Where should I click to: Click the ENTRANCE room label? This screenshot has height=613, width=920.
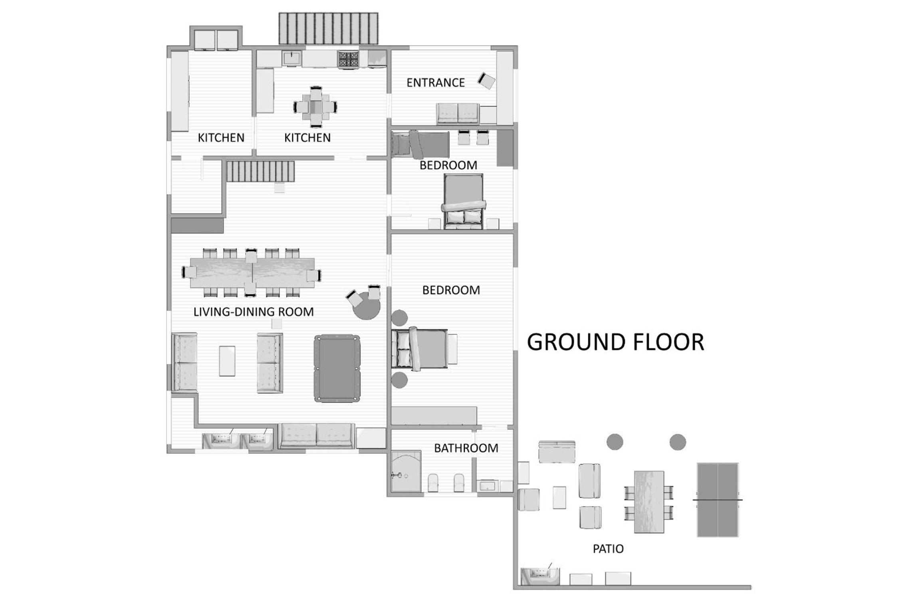pyautogui.click(x=435, y=83)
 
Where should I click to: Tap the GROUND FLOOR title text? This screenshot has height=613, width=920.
pyautogui.click(x=615, y=342)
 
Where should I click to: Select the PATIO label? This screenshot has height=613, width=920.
pyautogui.click(x=608, y=549)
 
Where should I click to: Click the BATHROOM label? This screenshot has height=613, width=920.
pyautogui.click(x=466, y=448)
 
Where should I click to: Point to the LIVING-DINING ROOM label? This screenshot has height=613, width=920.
pyautogui.click(x=254, y=312)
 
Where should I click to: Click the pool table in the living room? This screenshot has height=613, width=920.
pyautogui.click(x=337, y=368)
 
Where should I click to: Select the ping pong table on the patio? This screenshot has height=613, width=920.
pyautogui.click(x=718, y=500)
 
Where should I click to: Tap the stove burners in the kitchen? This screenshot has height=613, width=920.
pyautogui.click(x=349, y=59)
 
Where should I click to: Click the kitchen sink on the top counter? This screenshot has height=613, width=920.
pyautogui.click(x=292, y=58)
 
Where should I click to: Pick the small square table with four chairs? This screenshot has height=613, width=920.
pyautogui.click(x=315, y=107)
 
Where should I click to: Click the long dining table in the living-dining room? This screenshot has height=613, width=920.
pyautogui.click(x=252, y=273)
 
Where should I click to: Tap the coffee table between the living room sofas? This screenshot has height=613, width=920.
pyautogui.click(x=227, y=361)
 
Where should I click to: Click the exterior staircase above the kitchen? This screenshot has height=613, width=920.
pyautogui.click(x=328, y=28)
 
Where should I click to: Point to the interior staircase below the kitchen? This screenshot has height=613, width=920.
pyautogui.click(x=260, y=171)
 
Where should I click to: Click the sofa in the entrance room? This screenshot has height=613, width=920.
pyautogui.click(x=458, y=113)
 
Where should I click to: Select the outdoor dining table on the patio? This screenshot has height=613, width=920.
pyautogui.click(x=649, y=502)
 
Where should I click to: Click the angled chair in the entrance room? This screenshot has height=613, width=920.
pyautogui.click(x=487, y=81)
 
